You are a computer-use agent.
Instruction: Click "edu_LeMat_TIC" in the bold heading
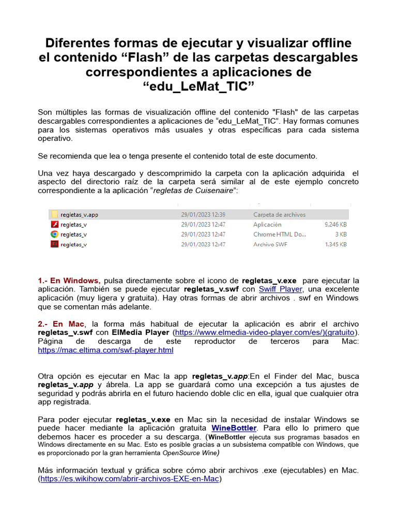(198, 84)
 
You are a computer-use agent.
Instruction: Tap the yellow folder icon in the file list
(54, 214)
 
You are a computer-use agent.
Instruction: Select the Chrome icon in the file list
(54, 234)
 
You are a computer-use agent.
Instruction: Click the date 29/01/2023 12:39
(203, 214)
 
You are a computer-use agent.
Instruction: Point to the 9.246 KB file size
(335, 225)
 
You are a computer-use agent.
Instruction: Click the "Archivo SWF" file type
(270, 244)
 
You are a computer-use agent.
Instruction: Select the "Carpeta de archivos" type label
(279, 214)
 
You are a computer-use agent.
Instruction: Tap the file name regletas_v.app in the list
(79, 214)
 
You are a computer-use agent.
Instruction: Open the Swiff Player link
(281, 289)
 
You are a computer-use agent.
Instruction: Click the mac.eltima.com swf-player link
(106, 350)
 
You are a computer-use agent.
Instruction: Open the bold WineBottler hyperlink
(234, 428)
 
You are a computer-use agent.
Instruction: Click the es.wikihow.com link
(130, 479)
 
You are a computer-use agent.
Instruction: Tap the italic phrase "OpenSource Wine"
(190, 453)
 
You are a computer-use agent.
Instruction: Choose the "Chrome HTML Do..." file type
(280, 234)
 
